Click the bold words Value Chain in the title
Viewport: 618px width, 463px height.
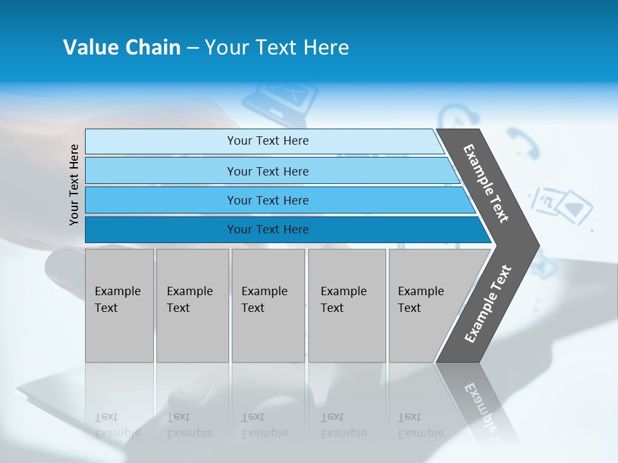tap(122, 48)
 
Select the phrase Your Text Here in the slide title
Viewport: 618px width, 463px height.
tap(277, 48)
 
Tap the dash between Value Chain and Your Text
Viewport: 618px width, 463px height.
tap(192, 48)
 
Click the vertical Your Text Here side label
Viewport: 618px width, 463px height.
tap(74, 185)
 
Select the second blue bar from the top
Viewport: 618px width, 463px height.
tap(267, 171)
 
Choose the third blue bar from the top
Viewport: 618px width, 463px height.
tap(267, 200)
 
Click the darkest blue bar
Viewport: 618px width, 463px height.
tap(267, 230)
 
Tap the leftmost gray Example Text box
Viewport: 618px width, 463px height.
tap(119, 305)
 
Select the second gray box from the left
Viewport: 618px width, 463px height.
tap(192, 305)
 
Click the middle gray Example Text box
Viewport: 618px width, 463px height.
tap(268, 305)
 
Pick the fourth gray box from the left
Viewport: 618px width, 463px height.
tap(347, 305)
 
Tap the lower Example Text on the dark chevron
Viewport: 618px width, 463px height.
tap(488, 304)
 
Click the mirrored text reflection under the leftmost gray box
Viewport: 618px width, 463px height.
tap(118, 425)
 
